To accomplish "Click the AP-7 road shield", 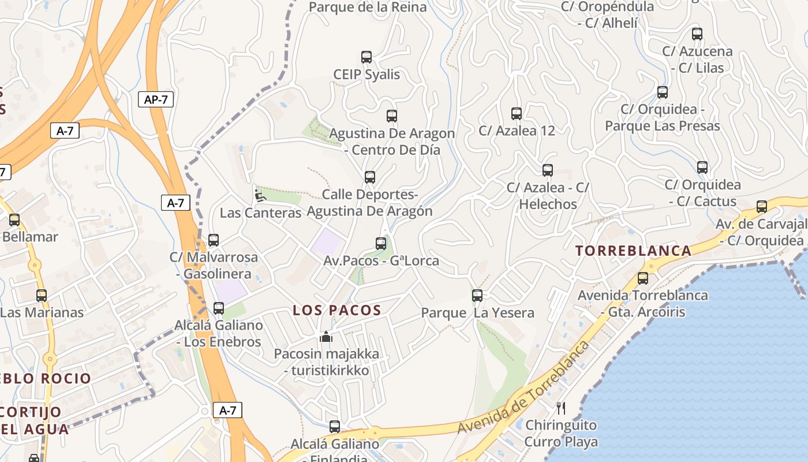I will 156,99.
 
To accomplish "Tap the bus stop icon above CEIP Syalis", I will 366,57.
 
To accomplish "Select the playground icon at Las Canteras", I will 260,196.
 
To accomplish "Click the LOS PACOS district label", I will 337,310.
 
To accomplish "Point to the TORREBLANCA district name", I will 633,251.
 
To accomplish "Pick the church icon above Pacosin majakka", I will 326,337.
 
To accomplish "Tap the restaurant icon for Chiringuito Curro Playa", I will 560,408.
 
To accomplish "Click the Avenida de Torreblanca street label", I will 524,388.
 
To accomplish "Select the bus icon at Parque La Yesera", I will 477,296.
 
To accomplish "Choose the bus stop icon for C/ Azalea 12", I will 517,114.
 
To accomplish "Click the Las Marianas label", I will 42,312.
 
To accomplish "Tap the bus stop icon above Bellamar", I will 14,220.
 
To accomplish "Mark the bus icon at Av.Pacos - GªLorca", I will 381,244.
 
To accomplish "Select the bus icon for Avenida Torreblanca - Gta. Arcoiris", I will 643,278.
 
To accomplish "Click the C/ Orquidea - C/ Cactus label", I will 703,193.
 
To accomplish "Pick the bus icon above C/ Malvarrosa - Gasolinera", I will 214,240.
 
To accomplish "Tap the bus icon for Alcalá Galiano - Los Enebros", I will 219,308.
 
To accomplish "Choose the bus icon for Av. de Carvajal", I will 762,207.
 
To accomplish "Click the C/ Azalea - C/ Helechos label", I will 548,196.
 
